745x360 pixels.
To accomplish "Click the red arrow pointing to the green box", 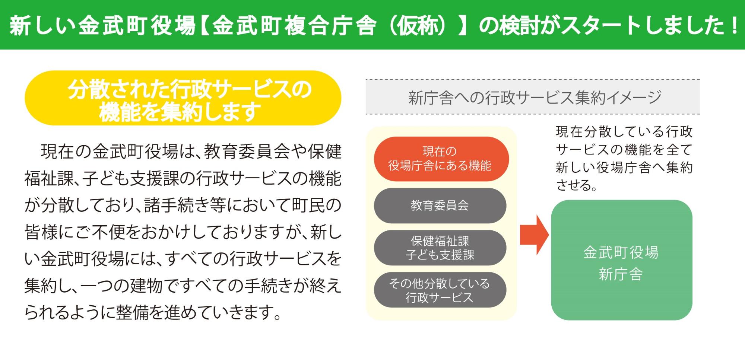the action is (534, 235).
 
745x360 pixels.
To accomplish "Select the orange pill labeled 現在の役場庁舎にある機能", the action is (441, 159).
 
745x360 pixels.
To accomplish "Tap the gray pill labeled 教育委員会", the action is (440, 206).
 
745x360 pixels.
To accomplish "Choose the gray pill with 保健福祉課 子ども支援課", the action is (440, 248).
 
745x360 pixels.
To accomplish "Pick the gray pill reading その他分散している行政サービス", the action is (440, 290).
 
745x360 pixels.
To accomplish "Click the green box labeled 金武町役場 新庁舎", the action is (621, 260).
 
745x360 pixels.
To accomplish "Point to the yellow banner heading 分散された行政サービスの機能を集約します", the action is (183, 98).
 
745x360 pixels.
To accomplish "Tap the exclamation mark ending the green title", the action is (734, 25).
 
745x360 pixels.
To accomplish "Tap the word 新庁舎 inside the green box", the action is (621, 274).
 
